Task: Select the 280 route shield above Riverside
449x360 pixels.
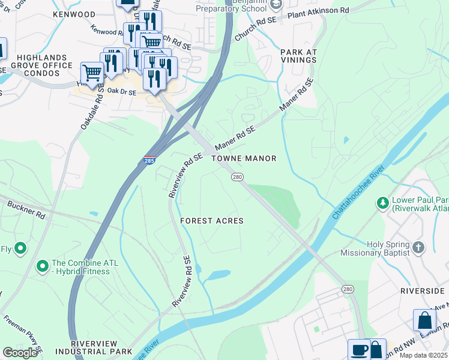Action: pos(348,289)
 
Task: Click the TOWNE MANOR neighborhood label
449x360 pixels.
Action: pos(244,158)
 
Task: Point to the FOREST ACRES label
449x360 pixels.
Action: pos(212,221)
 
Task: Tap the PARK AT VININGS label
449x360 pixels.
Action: pos(298,56)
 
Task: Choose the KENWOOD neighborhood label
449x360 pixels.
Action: pos(74,14)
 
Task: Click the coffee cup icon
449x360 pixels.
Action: pos(359,350)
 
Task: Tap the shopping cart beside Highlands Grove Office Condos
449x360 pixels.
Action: pos(92,73)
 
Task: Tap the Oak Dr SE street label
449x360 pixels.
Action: pos(122,91)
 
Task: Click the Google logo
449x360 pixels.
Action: pos(20,353)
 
